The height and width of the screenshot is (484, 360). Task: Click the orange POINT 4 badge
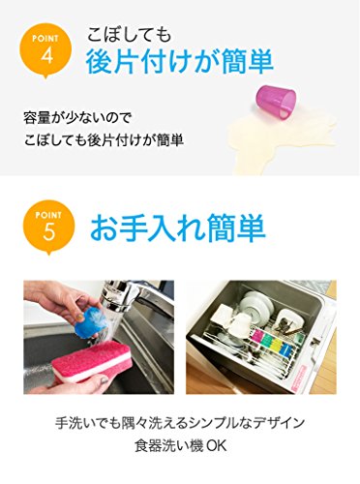pos(45,48)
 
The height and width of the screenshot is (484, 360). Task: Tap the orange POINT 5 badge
pos(48,226)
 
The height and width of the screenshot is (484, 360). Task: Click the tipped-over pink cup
pos(276,100)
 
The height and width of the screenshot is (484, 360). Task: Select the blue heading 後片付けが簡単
pos(180,61)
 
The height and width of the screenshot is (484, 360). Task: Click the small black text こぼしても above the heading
pos(129,34)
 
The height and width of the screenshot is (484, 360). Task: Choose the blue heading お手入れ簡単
pos(178,228)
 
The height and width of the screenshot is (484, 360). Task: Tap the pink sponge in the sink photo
pos(92,360)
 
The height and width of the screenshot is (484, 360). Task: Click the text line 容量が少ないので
pos(77,118)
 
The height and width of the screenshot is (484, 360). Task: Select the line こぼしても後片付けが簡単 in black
pos(104,140)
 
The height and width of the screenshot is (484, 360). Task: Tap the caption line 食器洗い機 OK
pos(180,446)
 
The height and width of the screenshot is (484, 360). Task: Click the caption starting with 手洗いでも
pos(180,423)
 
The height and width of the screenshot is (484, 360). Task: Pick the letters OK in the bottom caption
pos(216,446)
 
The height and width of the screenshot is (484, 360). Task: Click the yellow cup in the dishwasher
pos(275,346)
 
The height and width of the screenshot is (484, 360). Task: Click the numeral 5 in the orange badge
pos(48,231)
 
